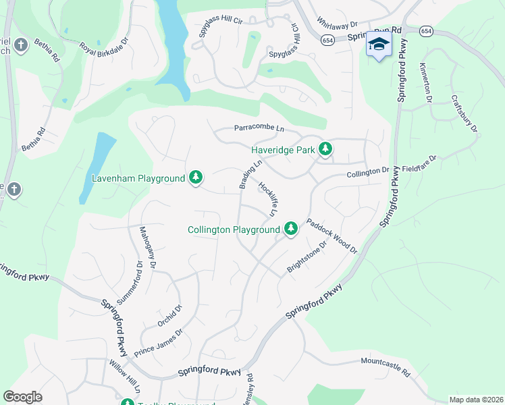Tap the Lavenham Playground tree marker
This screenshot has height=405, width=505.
click(196, 178)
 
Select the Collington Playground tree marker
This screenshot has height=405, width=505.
click(291, 230)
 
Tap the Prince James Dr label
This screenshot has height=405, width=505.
click(159, 343)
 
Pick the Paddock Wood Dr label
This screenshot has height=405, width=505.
click(331, 235)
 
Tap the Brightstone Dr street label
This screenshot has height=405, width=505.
click(307, 257)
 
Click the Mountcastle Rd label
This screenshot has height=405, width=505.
click(386, 367)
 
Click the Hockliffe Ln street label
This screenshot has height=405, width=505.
click(268, 199)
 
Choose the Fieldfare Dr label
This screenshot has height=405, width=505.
click(420, 163)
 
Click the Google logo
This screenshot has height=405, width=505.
click(23, 397)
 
